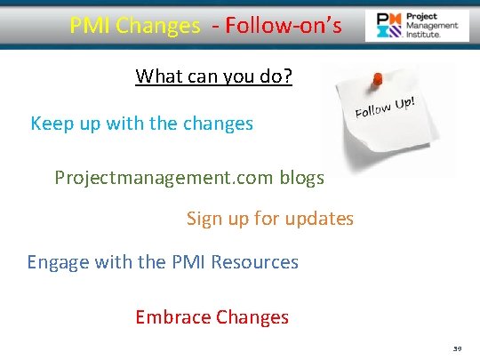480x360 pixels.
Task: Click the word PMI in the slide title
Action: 89,26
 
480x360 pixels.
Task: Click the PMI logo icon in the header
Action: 388,26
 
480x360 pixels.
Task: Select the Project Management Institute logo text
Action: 431,26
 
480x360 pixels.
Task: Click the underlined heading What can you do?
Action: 214,76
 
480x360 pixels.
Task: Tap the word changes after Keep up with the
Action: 218,124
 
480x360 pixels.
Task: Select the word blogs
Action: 302,178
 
